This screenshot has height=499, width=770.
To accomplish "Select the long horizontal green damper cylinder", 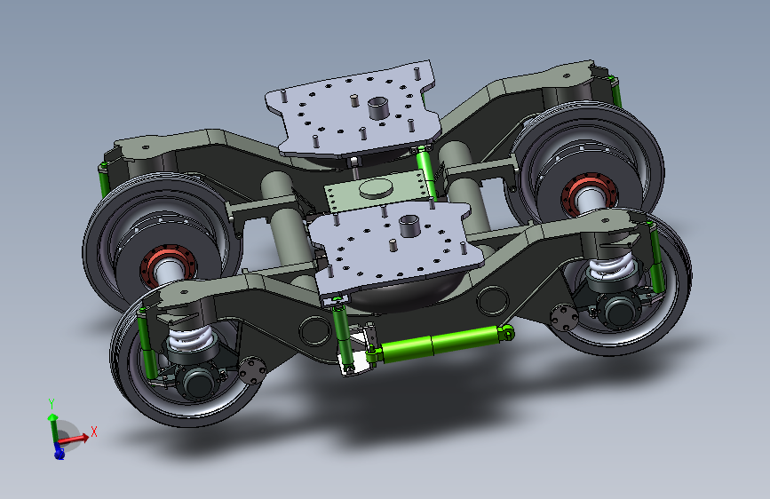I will tap(440, 344).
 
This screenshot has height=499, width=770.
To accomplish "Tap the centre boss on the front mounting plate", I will tap(409, 225).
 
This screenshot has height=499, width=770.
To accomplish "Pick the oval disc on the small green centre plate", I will tap(377, 187).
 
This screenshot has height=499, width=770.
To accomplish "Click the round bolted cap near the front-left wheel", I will tap(252, 369).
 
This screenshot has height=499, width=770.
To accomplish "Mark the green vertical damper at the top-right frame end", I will tap(615, 90).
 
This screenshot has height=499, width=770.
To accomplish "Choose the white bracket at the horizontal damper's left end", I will tap(357, 360).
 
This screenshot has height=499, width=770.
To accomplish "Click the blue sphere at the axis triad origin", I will tap(59, 453).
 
